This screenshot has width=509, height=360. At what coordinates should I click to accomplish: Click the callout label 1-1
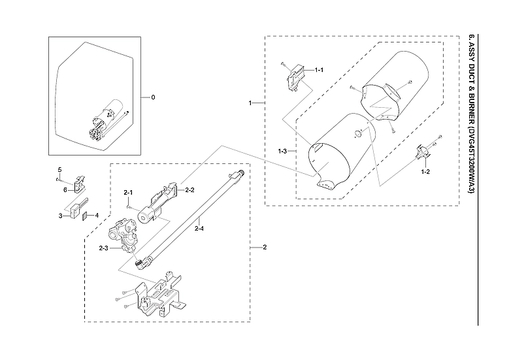319,70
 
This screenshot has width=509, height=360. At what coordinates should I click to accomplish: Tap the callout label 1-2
425,171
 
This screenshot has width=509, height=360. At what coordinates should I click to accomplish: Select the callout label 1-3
282,152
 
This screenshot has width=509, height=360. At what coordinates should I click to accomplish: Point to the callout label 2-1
129,192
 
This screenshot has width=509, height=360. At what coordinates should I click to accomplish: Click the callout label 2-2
190,190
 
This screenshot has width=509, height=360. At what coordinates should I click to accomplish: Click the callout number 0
153,97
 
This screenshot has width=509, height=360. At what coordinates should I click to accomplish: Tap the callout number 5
59,170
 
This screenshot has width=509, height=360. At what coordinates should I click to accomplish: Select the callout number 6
65,189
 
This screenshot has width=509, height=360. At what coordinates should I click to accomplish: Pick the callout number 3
60,215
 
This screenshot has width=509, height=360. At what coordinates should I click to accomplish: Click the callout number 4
97,214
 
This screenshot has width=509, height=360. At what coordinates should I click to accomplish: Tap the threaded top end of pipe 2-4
238,174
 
